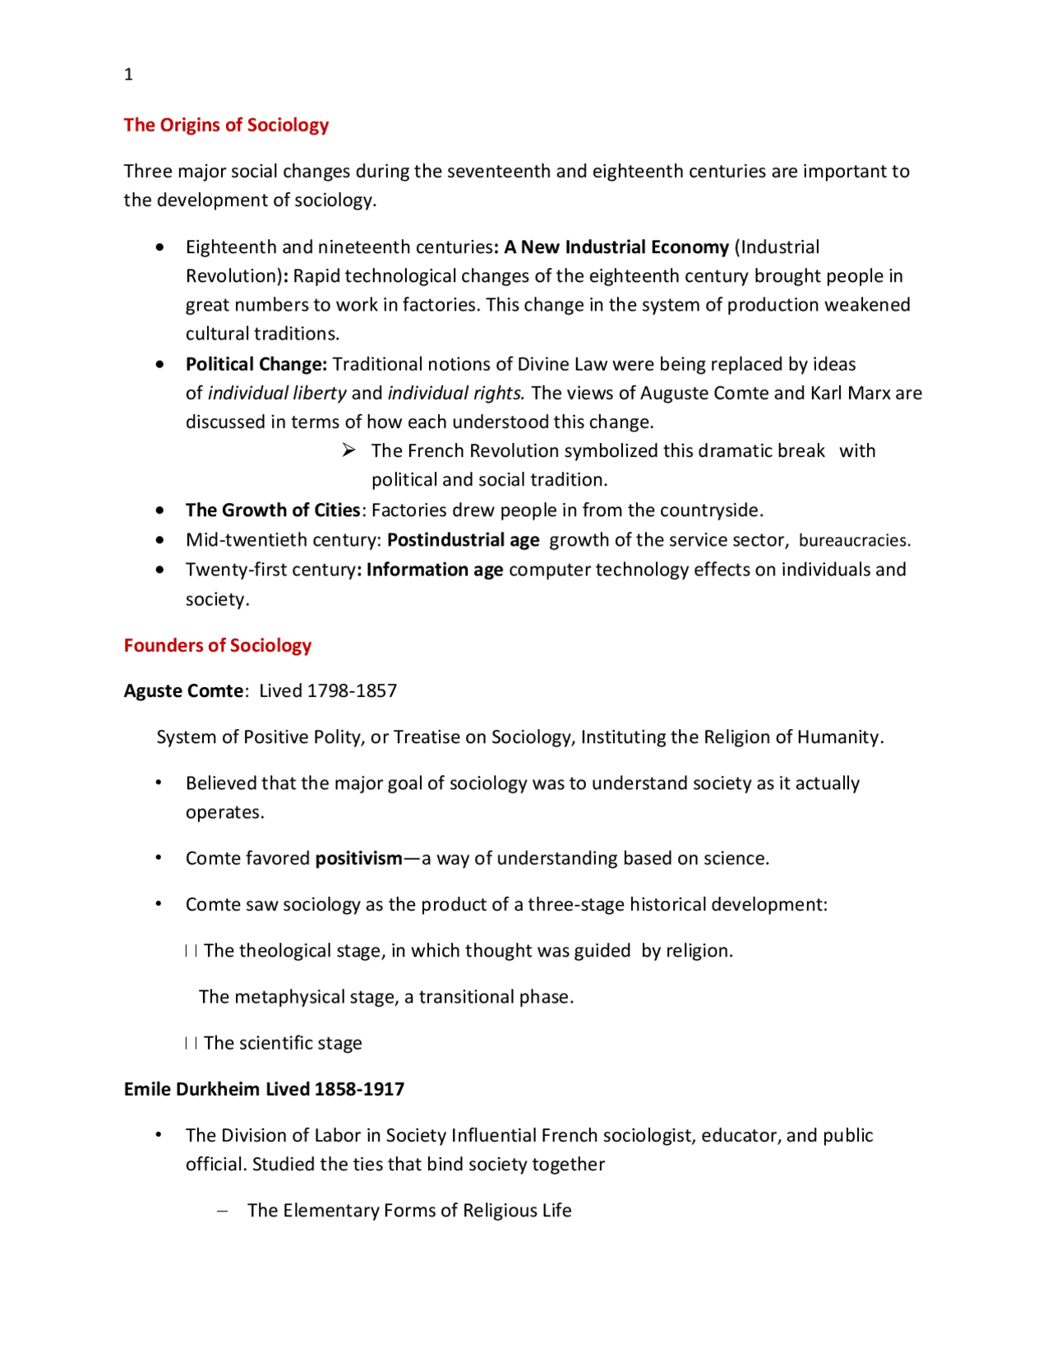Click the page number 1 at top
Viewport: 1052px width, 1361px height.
[128, 75]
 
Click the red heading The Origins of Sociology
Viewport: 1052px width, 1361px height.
[226, 125]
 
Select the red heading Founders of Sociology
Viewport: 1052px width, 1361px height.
[218, 645]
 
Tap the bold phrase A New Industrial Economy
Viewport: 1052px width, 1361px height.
[616, 247]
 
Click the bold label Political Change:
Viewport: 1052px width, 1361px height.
[256, 364]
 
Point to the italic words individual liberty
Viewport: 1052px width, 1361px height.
[277, 393]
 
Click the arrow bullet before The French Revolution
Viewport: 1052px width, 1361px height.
[349, 450]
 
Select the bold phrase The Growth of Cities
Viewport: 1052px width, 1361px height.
[273, 510]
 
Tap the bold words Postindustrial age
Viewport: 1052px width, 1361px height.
[464, 540]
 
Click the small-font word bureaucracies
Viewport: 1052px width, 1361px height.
[854, 541]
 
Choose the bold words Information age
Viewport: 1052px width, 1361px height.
[435, 570]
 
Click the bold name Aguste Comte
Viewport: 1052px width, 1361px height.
[183, 691]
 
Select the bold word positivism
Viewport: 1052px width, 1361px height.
[359, 859]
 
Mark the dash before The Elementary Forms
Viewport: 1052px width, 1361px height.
[223, 1211]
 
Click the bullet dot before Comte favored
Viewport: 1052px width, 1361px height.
[159, 858]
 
